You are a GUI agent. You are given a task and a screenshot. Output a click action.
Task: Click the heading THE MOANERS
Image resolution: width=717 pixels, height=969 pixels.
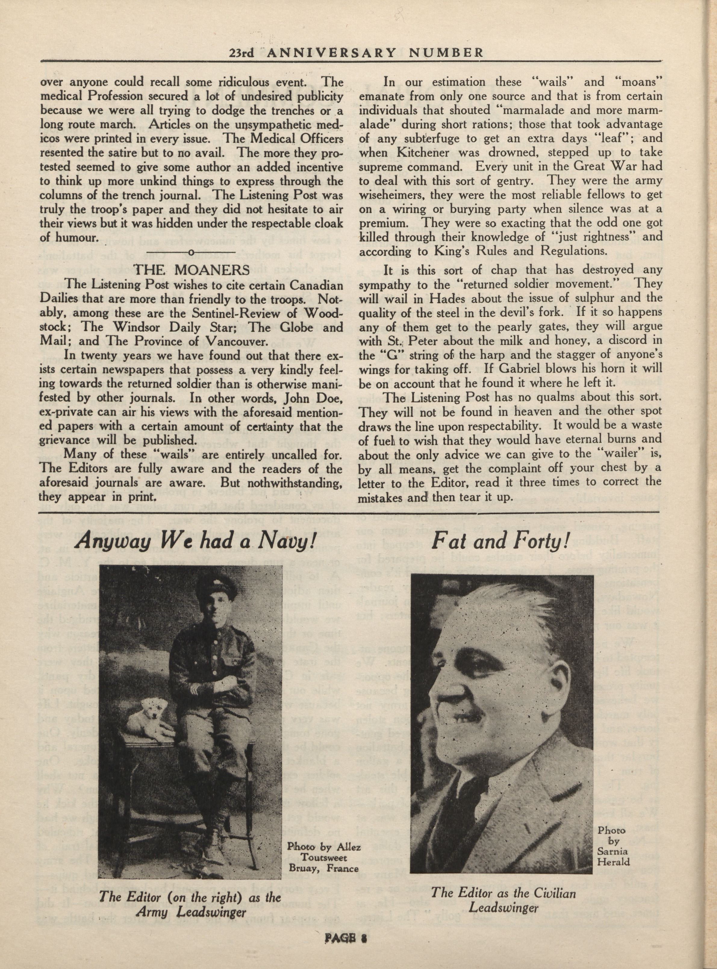(x=192, y=270)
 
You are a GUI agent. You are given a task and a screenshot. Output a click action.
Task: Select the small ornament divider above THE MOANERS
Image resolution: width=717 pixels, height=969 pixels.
(x=192, y=252)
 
